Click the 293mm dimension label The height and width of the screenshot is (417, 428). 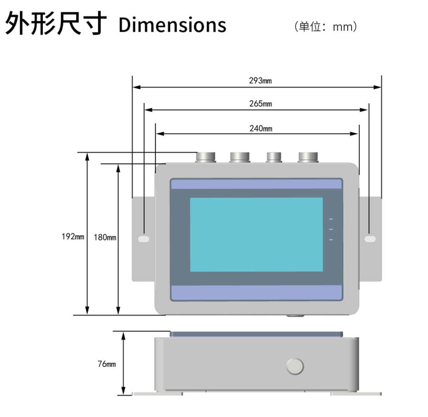(260, 80)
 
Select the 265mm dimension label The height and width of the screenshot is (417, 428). (260, 104)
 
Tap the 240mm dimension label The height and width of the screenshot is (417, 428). (260, 128)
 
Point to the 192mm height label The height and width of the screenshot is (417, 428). (73, 236)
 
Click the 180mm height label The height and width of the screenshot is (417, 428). (105, 237)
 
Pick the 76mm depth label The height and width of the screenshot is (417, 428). (107, 364)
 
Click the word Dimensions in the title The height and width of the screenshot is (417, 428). (173, 25)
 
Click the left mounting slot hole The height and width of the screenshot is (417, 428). (143, 239)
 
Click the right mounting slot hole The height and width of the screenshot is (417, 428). (370, 239)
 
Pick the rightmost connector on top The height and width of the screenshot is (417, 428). (308, 157)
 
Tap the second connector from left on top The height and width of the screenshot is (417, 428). (240, 157)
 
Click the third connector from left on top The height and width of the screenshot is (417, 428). (274, 157)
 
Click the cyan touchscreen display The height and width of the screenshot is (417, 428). (256, 234)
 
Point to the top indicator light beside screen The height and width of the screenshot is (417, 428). (331, 219)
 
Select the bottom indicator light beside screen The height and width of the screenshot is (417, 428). (331, 240)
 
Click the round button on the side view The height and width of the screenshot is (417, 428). (294, 366)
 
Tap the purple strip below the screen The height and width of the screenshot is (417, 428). (256, 292)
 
